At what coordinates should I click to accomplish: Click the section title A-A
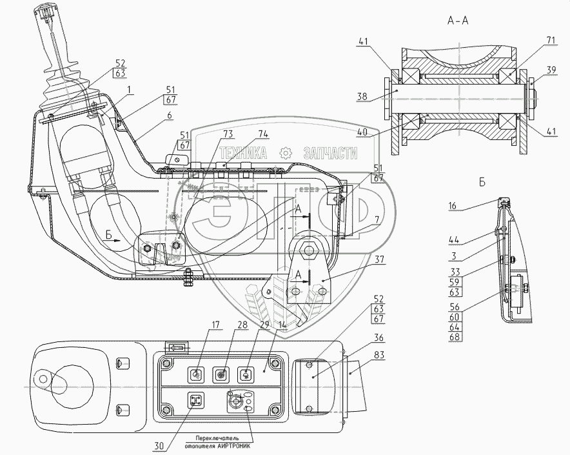click(458, 21)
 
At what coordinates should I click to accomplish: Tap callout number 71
click(551, 39)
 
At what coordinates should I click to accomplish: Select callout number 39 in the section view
click(551, 70)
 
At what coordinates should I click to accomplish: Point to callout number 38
click(362, 97)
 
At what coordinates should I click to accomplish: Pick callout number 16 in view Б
click(452, 206)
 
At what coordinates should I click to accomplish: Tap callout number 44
click(454, 240)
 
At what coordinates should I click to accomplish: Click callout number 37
click(380, 259)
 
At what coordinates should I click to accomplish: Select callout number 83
click(378, 354)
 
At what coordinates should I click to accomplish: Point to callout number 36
click(378, 338)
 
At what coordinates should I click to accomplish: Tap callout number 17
click(216, 325)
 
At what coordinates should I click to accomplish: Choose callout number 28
click(242, 325)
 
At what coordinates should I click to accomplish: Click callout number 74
click(263, 134)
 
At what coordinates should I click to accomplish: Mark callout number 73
click(228, 134)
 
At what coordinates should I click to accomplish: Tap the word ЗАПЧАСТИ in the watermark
click(330, 153)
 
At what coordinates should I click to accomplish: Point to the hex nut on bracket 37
click(310, 250)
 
